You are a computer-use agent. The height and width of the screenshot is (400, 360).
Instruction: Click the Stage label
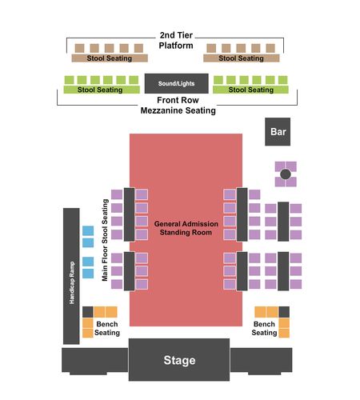pyautogui.click(x=179, y=360)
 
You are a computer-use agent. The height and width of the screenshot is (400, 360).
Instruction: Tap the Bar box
pyautogui.click(x=278, y=132)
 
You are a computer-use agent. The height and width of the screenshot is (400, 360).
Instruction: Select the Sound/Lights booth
pyautogui.click(x=176, y=83)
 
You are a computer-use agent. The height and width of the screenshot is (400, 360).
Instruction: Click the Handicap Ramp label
pyautogui.click(x=72, y=282)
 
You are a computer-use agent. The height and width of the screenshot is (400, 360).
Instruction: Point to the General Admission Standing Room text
pyautogui.click(x=186, y=228)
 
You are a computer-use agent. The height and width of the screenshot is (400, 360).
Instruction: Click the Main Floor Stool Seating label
pyautogui.click(x=105, y=240)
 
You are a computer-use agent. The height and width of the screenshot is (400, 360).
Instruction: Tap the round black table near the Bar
pyautogui.click(x=286, y=174)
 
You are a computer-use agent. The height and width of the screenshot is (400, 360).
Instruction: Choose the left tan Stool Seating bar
pyautogui.click(x=110, y=58)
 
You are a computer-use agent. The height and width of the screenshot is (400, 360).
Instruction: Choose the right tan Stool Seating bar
pyautogui.click(x=242, y=58)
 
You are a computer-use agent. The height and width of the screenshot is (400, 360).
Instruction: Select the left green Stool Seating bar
pyautogui.click(x=102, y=90)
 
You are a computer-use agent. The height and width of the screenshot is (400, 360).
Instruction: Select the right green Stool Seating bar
pyautogui.click(x=250, y=90)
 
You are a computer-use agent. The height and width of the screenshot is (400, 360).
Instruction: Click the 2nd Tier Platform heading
pyautogui.click(x=176, y=40)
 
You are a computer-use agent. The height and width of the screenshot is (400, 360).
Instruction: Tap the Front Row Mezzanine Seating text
pyautogui.click(x=178, y=105)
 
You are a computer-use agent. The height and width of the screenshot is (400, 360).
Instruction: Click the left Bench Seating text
pyautogui.click(x=107, y=328)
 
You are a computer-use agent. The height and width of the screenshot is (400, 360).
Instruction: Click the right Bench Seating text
pyautogui.click(x=264, y=328)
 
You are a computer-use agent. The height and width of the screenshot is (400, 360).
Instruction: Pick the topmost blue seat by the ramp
pyautogui.click(x=88, y=230)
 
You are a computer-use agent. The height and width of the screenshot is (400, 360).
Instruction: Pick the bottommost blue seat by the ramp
pyautogui.click(x=88, y=274)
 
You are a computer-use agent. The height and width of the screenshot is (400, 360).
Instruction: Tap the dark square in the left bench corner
pyautogui.click(x=88, y=312)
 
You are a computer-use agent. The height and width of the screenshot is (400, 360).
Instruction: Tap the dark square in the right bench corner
pyautogui.click(x=284, y=312)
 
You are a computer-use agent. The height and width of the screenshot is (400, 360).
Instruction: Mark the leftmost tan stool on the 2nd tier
pyautogui.click(x=79, y=48)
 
